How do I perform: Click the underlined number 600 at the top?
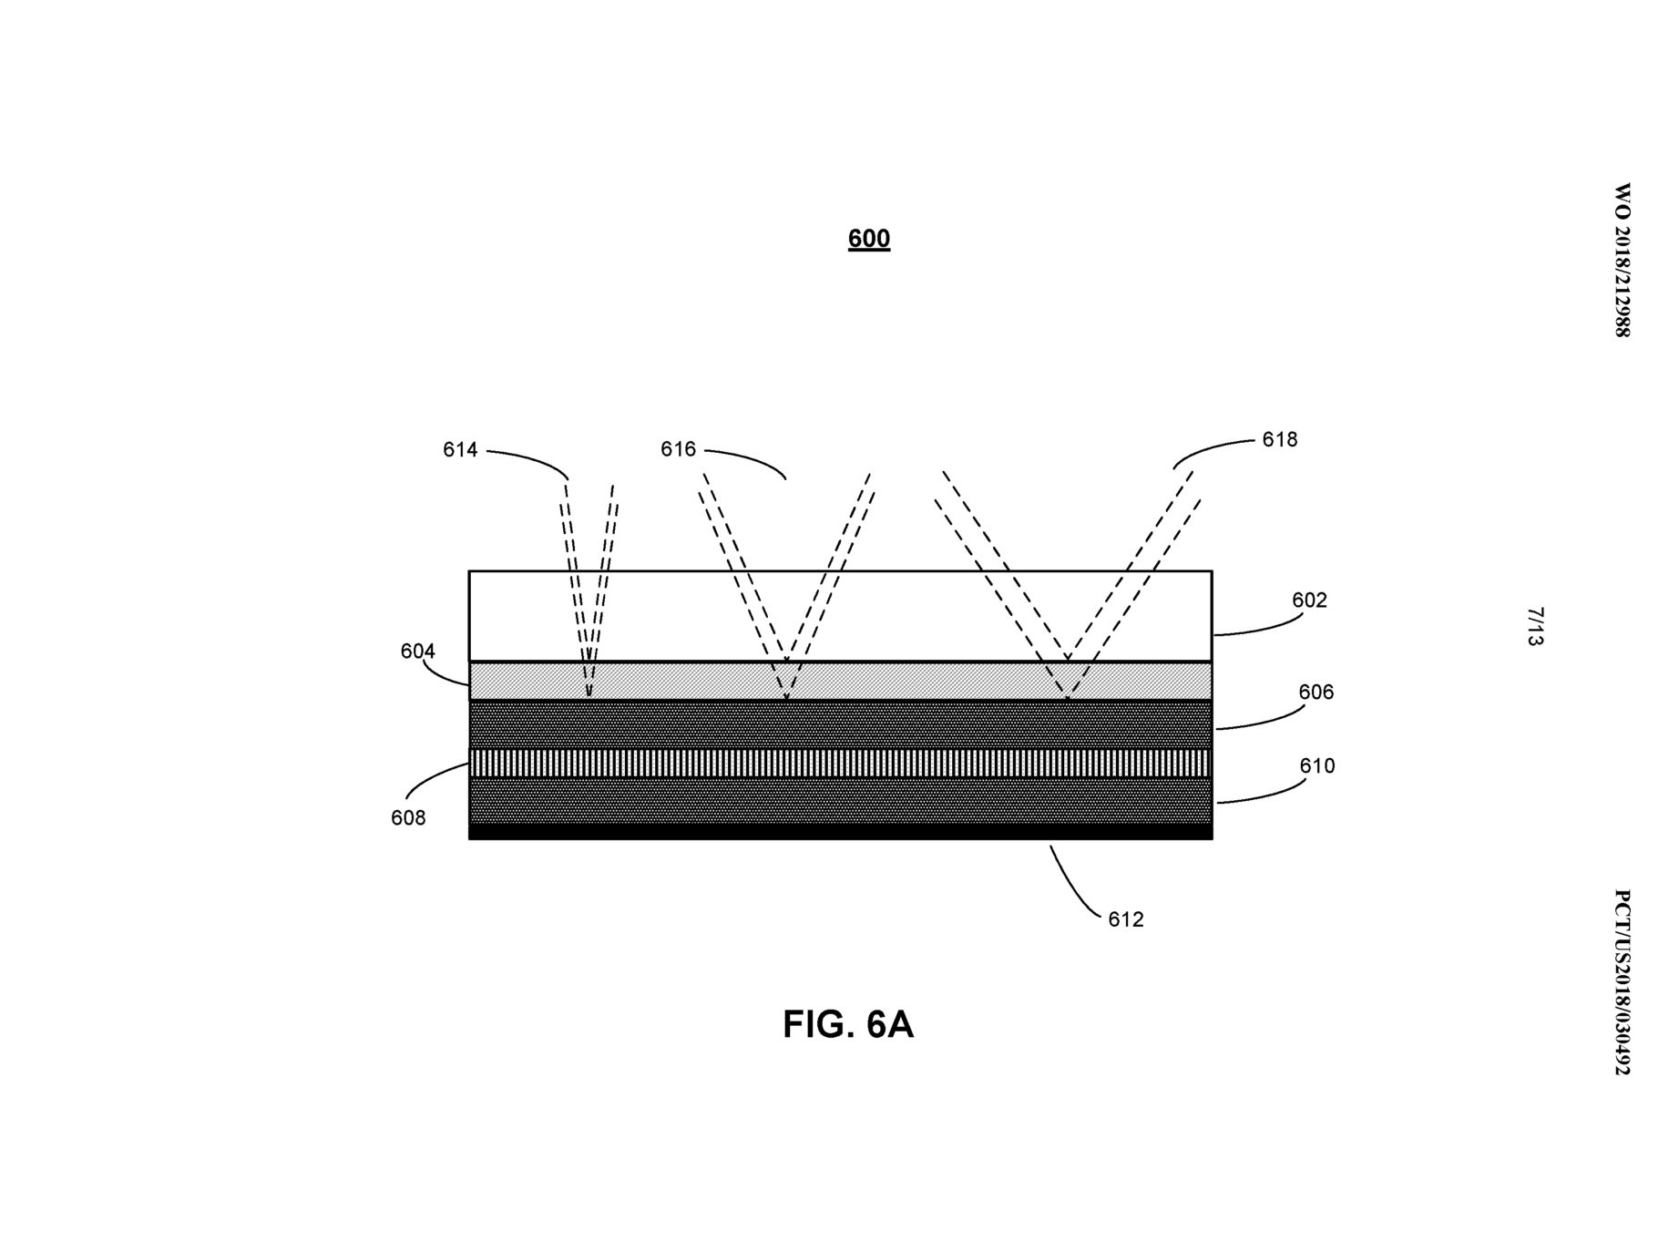(868, 239)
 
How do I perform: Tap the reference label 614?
(460, 449)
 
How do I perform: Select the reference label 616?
(678, 449)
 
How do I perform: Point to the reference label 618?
(1279, 439)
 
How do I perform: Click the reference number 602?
(1309, 600)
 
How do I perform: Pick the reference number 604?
(418, 651)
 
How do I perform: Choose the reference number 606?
(1316, 692)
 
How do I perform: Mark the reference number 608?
(408, 817)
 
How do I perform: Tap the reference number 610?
(1316, 765)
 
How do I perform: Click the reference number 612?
(1125, 919)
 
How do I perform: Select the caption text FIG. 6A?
(847, 1024)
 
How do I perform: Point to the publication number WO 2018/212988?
(1622, 261)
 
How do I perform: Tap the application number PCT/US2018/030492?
(1622, 982)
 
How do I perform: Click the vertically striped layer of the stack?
(840, 763)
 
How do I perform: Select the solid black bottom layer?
(840, 831)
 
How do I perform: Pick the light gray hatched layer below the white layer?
(840, 681)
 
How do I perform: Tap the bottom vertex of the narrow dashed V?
(589, 697)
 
